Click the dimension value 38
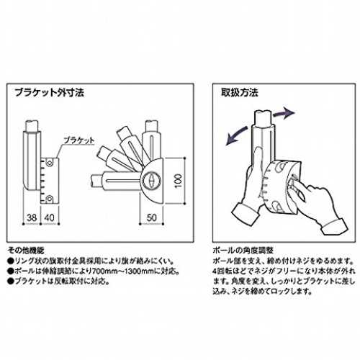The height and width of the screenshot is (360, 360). (x=32, y=217)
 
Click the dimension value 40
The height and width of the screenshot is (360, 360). (x=50, y=217)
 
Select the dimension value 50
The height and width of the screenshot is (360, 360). (x=151, y=217)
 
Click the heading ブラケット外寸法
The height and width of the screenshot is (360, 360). (x=50, y=92)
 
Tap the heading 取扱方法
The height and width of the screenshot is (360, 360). (x=239, y=92)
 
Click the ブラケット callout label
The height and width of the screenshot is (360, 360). (x=79, y=140)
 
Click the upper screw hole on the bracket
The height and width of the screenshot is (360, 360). (x=49, y=163)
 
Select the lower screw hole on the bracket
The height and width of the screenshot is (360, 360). (x=49, y=199)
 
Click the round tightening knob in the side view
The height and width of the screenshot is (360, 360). (x=152, y=181)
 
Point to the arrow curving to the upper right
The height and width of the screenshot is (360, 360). (x=283, y=113)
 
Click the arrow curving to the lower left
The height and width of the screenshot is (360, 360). (x=236, y=136)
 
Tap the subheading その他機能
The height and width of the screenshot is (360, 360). (x=26, y=251)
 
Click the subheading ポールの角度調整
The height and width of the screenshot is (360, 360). (x=243, y=251)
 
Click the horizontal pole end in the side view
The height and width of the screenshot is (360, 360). (x=94, y=181)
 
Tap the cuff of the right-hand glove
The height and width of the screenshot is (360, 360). (x=334, y=227)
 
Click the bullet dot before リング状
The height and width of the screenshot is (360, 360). (x=11, y=261)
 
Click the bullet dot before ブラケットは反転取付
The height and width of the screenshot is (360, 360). (x=11, y=282)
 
